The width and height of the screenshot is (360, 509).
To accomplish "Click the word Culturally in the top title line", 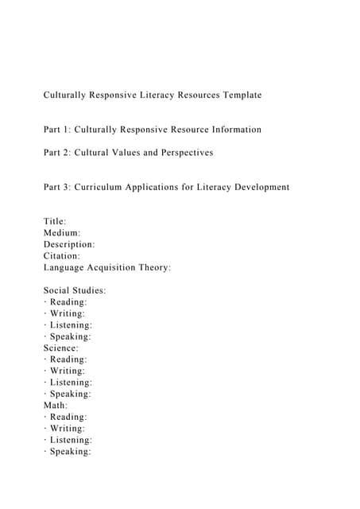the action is tap(68, 95).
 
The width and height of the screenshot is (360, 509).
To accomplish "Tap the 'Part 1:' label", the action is tap(56, 130).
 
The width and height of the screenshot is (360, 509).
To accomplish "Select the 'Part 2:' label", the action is tap(56, 153).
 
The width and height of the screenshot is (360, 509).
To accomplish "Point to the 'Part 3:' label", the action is tap(56, 187).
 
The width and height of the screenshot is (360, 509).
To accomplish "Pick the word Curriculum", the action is tap(103, 187).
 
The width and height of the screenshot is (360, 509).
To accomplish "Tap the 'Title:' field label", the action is tap(56, 222).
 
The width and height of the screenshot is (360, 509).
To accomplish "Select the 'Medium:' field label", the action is tap(62, 233).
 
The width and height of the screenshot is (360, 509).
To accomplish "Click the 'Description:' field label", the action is tap(69, 245).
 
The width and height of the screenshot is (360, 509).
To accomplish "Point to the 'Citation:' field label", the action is tap(62, 256).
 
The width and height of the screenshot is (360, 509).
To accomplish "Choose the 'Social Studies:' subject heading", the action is tap(75, 291).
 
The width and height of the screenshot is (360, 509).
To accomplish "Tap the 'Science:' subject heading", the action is tap(61, 348).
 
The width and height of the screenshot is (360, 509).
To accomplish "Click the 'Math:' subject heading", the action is tap(56, 406).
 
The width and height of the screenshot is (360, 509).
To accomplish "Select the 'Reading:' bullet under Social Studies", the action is tap(69, 302).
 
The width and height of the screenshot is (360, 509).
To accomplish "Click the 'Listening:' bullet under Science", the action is tap(72, 383).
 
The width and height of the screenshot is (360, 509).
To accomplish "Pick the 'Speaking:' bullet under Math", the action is tap(71, 452).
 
